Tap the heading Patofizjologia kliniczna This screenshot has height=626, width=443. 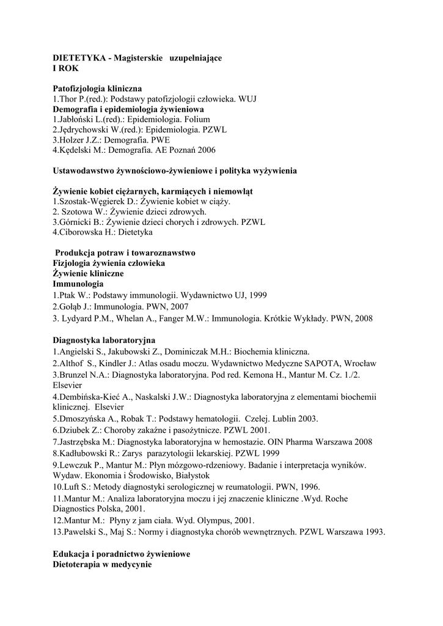coord(97,89)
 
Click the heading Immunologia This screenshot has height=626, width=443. coord(78,284)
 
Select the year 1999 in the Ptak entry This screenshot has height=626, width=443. coord(258,295)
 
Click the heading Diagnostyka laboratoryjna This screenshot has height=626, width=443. coord(104,339)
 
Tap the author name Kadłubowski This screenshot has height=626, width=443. coord(85,453)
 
